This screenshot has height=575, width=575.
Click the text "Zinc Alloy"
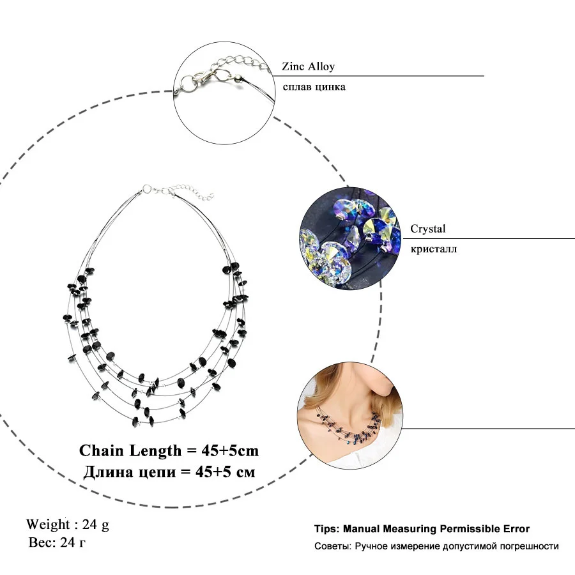pyautogui.click(x=308, y=66)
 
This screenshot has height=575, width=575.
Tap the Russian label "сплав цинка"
pyautogui.click(x=313, y=86)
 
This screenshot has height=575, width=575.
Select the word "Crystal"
pyautogui.click(x=427, y=229)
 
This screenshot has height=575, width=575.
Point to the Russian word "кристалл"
pyautogui.click(x=433, y=249)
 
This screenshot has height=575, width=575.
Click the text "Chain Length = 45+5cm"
pyautogui.click(x=169, y=450)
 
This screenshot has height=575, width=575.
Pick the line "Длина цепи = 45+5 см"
pyautogui.click(x=169, y=473)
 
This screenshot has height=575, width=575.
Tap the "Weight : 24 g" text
pyautogui.click(x=68, y=525)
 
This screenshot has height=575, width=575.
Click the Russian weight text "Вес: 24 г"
pyautogui.click(x=58, y=543)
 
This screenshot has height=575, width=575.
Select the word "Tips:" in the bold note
pyautogui.click(x=326, y=529)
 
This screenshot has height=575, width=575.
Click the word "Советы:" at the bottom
pyautogui.click(x=332, y=546)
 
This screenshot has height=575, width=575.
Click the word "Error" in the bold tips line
pyautogui.click(x=516, y=529)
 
